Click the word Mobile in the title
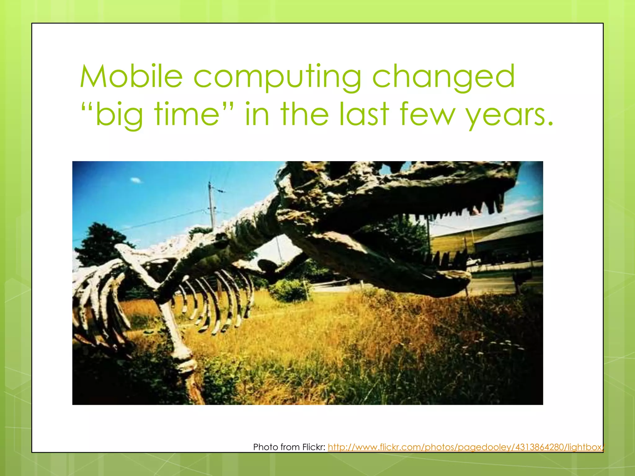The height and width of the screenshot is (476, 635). (131, 77)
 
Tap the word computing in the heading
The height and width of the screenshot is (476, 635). (277, 77)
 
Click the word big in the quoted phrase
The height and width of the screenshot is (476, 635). (119, 115)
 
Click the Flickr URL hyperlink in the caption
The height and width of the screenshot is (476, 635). (465, 447)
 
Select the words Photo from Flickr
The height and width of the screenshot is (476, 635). (289, 447)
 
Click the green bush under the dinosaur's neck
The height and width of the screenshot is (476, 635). (290, 290)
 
